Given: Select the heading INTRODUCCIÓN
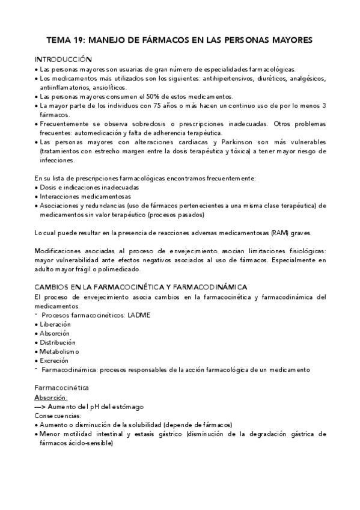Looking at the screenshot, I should coord(63,60).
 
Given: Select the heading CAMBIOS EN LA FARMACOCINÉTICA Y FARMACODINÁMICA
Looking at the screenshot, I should coord(141,287).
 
